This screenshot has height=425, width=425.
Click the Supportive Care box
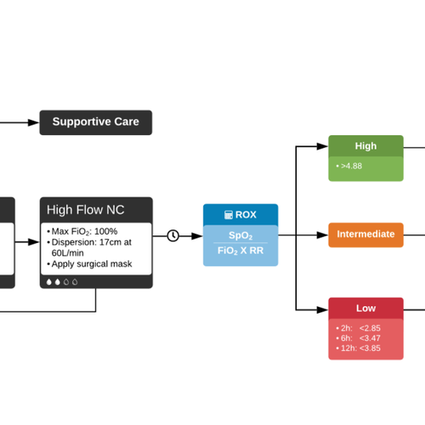[x=96, y=122]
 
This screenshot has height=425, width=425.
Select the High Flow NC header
[x=96, y=209]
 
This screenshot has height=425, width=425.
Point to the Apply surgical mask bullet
[x=89, y=263]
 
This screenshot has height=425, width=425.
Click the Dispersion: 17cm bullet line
[x=91, y=242]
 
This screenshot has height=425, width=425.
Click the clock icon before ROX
[x=173, y=235]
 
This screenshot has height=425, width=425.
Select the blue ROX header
[x=241, y=215]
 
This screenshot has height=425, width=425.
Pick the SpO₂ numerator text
[x=241, y=235]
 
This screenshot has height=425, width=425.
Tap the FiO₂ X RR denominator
[x=241, y=251]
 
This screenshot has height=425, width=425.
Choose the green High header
[x=365, y=145]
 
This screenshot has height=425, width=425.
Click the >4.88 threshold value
[x=349, y=166]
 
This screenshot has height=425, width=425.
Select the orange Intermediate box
[x=365, y=235]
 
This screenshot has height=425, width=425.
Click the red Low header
[x=365, y=308]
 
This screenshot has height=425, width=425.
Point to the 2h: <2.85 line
[x=360, y=327]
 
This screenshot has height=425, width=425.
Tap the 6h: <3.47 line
[x=360, y=337]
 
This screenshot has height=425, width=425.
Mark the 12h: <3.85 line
[x=360, y=348]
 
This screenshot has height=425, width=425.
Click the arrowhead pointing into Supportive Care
[x=35, y=122]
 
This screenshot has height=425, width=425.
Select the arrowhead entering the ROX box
[x=198, y=235]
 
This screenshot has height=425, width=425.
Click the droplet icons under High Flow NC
[x=60, y=281]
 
